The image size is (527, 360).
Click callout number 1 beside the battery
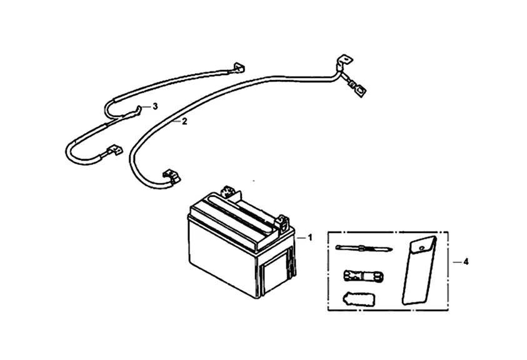[x=309, y=238]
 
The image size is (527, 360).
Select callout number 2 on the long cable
[x=184, y=122]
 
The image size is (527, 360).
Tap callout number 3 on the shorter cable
[x=154, y=107]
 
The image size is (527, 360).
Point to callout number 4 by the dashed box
[x=465, y=261]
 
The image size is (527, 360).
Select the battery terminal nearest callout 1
[x=283, y=221]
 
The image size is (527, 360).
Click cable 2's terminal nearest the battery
[x=170, y=176]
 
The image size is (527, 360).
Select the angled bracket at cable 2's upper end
[x=343, y=60]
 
